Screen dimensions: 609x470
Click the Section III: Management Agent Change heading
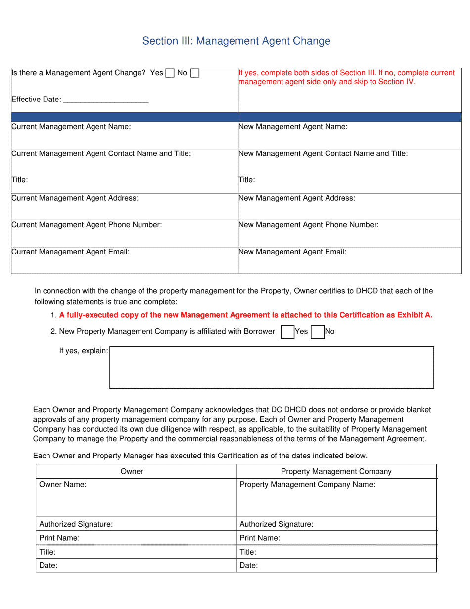click(x=236, y=41)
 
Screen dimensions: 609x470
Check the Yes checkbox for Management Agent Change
click(x=170, y=73)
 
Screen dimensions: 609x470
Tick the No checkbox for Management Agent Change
click(x=195, y=73)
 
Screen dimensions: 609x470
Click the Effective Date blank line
click(x=106, y=100)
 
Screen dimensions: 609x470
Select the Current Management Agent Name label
click(x=71, y=127)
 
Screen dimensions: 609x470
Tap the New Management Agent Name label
click(x=293, y=127)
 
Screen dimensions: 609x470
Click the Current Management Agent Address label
click(x=75, y=198)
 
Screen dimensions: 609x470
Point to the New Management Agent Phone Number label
click(x=308, y=225)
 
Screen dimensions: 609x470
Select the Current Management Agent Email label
click(x=70, y=252)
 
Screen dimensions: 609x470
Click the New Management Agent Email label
click(x=292, y=252)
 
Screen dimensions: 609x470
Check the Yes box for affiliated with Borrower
click(x=287, y=332)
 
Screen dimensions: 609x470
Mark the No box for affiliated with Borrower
click(x=318, y=332)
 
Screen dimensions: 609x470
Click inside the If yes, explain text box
click(x=271, y=367)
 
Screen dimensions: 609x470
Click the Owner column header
click(x=132, y=471)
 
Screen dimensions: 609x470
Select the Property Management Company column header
click(x=336, y=471)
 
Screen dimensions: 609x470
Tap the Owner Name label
click(x=63, y=485)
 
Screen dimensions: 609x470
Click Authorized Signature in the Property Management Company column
click(x=276, y=524)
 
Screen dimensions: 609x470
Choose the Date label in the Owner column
click(x=48, y=565)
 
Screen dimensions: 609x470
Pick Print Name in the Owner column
click(x=59, y=538)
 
